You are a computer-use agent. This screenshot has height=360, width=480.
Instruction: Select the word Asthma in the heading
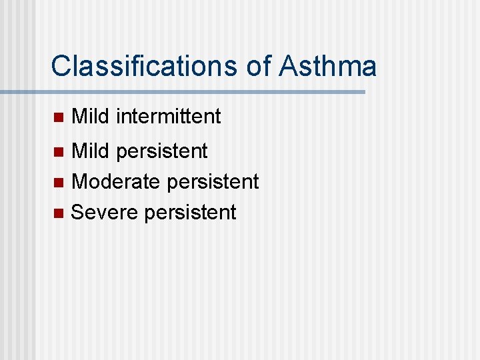[x=328, y=67]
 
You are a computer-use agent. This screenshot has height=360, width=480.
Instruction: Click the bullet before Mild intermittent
[x=57, y=117]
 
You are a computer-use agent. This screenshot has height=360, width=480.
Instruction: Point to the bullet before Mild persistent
[x=57, y=152]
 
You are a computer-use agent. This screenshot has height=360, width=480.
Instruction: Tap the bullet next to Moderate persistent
[x=57, y=182]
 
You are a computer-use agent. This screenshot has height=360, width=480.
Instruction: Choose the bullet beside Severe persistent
[x=57, y=213]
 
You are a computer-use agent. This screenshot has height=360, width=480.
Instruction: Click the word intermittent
[x=168, y=117]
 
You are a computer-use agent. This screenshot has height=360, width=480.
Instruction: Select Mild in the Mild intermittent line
[x=90, y=117]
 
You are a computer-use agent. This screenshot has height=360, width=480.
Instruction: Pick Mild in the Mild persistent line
[x=90, y=151]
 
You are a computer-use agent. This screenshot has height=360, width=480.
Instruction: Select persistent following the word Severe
[x=190, y=213]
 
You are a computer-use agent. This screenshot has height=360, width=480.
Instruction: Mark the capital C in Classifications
[x=61, y=67]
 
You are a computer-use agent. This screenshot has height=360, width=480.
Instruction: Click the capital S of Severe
[x=77, y=212]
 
